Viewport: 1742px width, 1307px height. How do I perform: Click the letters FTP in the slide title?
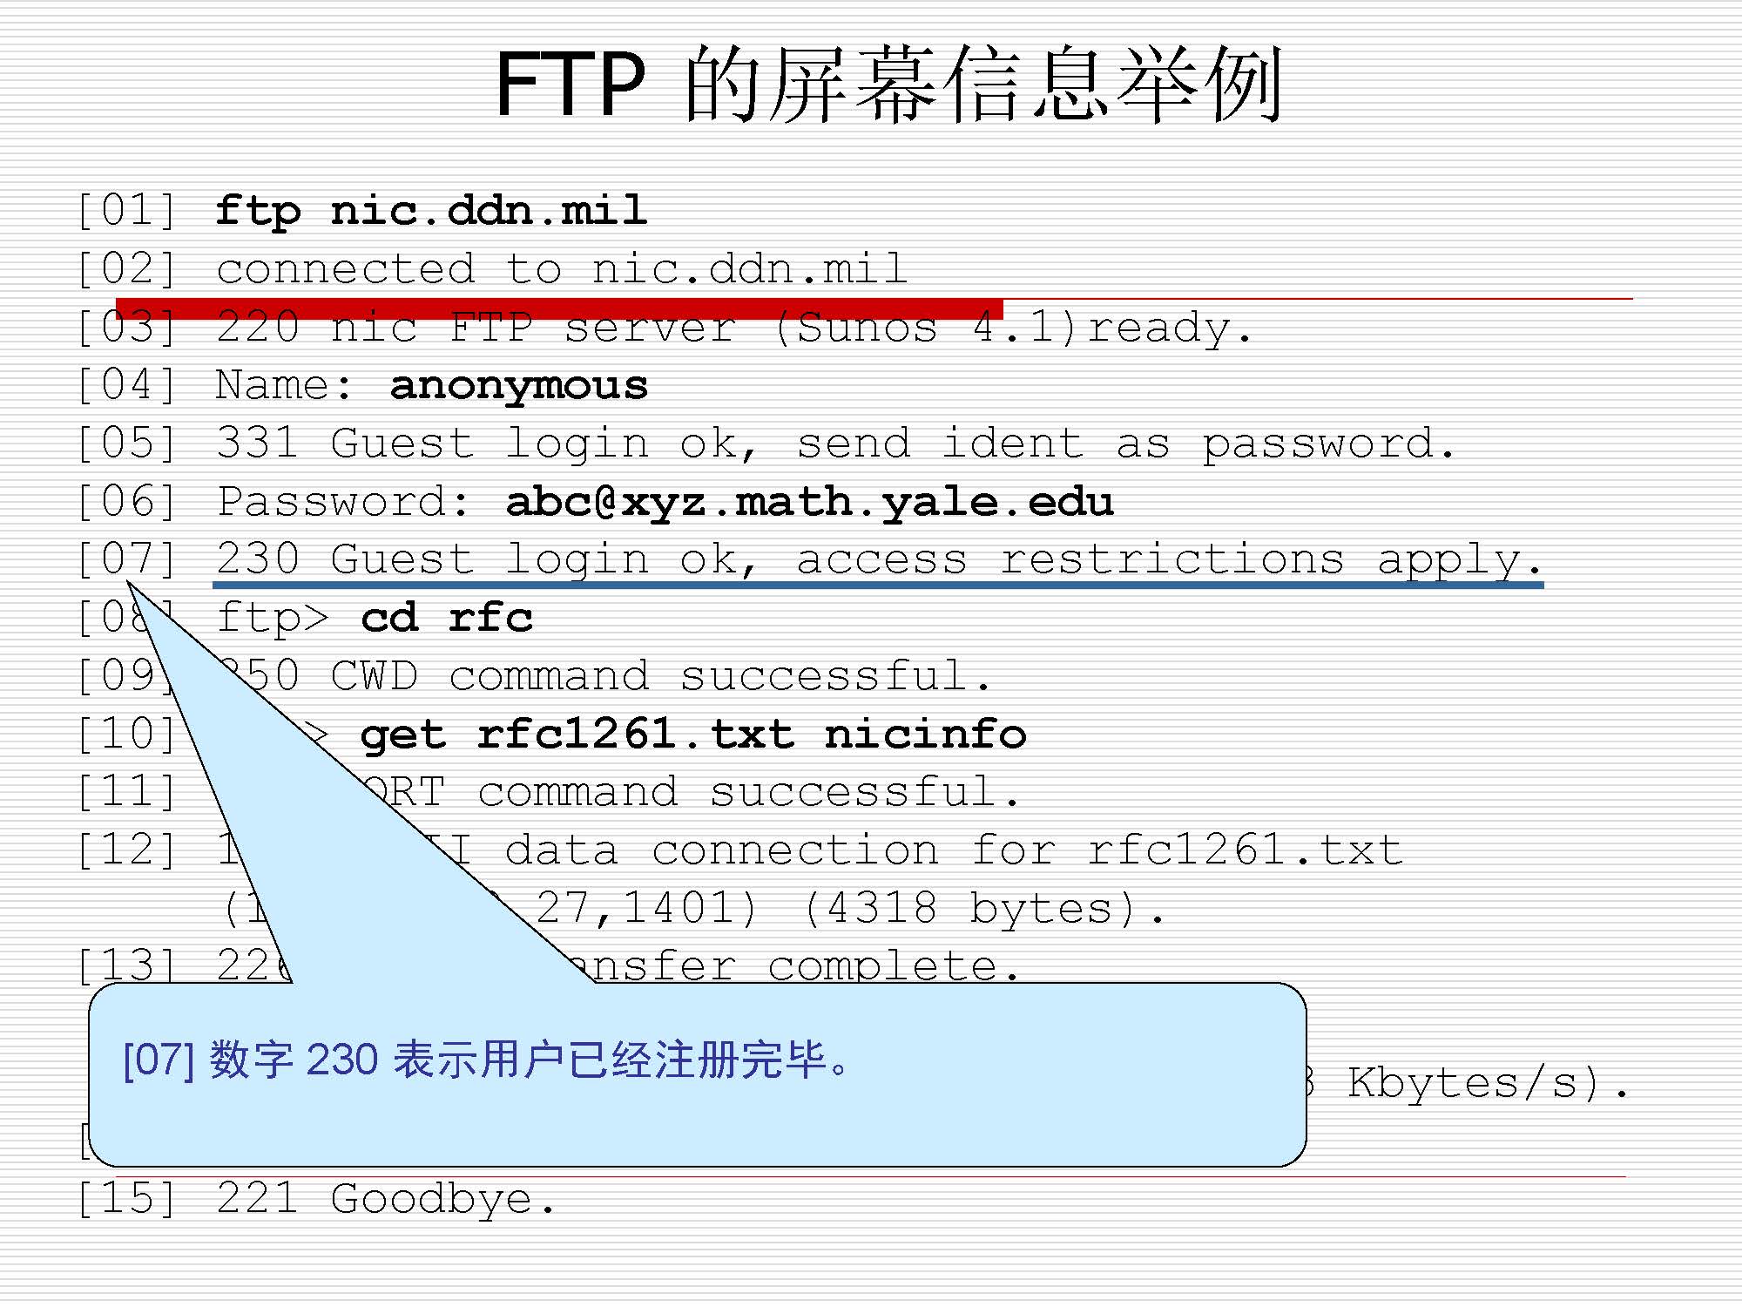(x=571, y=84)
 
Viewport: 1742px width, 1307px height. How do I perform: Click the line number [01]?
(x=127, y=211)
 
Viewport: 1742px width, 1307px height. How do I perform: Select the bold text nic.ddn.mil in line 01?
(x=488, y=211)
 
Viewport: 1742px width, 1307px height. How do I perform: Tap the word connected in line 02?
(x=346, y=269)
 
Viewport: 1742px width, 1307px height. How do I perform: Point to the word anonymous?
(x=518, y=386)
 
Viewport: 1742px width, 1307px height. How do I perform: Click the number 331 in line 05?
(x=257, y=444)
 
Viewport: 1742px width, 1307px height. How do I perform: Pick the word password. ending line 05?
(x=1328, y=444)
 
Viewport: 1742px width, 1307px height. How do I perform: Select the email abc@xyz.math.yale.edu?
(x=809, y=502)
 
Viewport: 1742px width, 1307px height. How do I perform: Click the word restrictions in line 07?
(x=1171, y=559)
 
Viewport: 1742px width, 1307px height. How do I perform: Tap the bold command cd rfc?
(x=446, y=618)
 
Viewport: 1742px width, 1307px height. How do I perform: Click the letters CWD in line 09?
(x=374, y=676)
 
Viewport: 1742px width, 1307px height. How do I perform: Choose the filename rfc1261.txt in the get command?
(x=635, y=735)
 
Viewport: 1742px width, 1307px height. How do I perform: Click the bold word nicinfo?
(x=925, y=735)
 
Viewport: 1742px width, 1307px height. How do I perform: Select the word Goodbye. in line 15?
(x=443, y=1199)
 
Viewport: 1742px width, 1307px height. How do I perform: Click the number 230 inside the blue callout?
(x=342, y=1060)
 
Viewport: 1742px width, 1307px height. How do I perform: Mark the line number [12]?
(x=127, y=850)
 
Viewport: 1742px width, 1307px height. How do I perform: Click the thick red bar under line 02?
(x=557, y=308)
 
